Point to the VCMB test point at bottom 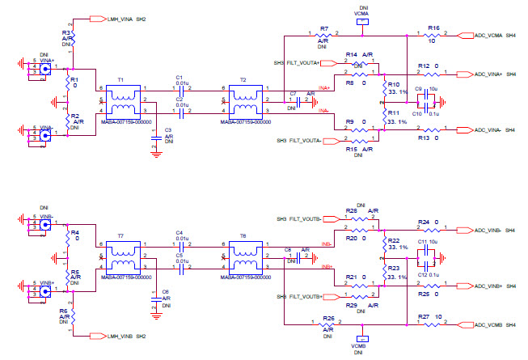click(361, 340)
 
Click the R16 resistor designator click(433, 28)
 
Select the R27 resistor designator click(424, 316)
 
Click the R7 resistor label click(323, 28)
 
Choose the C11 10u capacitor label click(421, 242)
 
